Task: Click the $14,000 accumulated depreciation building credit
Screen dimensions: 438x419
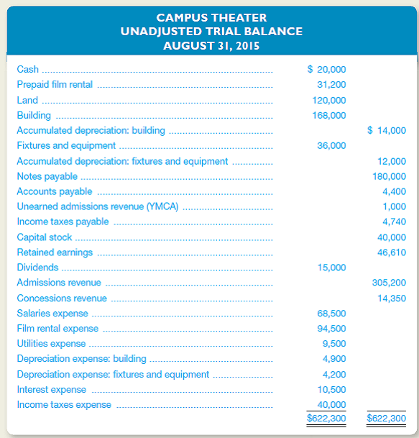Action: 386,130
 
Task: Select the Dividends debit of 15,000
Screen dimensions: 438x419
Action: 331,267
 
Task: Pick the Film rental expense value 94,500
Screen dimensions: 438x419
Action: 331,328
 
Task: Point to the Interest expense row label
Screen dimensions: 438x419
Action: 51,389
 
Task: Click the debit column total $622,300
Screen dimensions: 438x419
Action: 326,417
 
